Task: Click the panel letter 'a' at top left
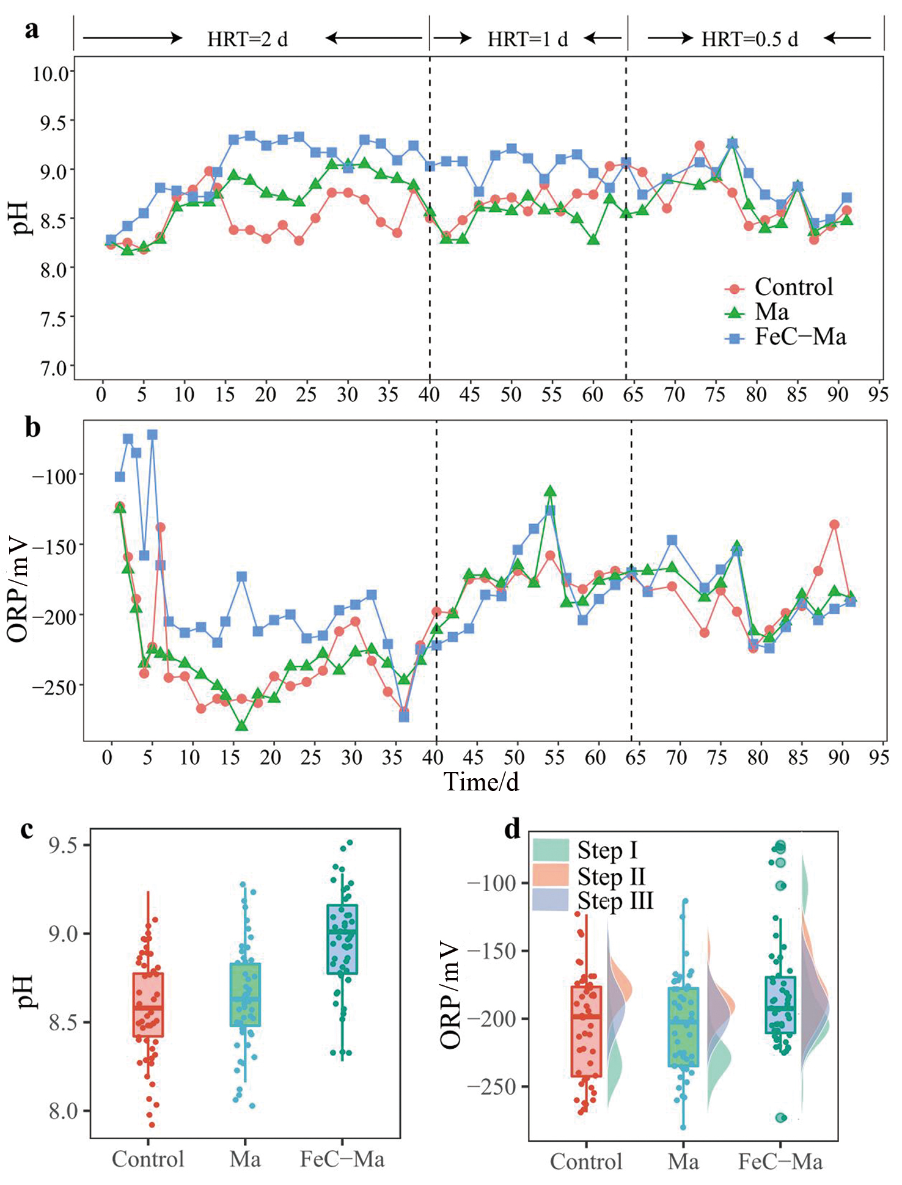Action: [32, 29]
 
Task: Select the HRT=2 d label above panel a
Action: [247, 39]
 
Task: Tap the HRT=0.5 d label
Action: [749, 39]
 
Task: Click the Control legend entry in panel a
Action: [793, 287]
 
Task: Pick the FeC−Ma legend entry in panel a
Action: [800, 337]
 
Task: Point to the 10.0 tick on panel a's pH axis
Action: [51, 74]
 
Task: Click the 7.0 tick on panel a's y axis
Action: [54, 368]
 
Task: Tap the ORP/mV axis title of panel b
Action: [18, 589]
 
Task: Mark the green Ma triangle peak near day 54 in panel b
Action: [551, 491]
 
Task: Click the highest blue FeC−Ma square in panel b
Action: [152, 435]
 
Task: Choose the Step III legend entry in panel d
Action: [615, 902]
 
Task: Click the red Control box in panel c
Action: [148, 1005]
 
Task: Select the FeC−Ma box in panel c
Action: [342, 939]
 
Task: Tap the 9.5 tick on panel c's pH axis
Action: [64, 845]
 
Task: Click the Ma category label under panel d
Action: [683, 1161]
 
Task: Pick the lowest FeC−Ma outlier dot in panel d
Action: [780, 1118]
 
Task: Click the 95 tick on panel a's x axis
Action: [878, 395]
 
